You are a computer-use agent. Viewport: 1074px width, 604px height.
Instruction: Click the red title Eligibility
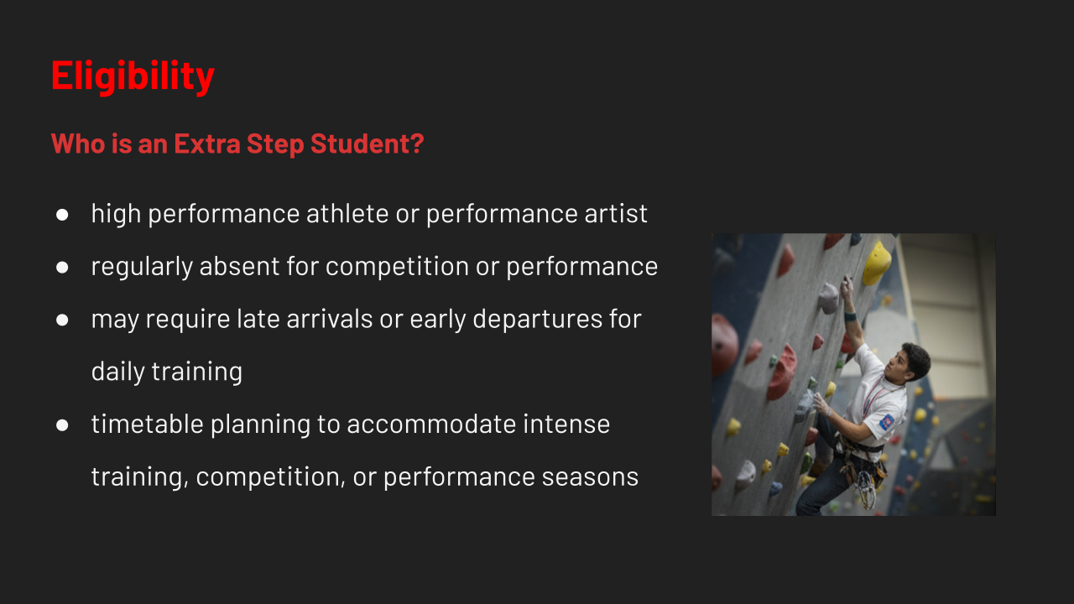pos(133,75)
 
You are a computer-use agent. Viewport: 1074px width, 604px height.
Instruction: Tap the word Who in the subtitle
pos(78,143)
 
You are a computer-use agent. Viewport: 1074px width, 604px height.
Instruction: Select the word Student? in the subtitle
pos(368,143)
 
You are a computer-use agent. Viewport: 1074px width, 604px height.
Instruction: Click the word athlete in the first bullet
pos(347,213)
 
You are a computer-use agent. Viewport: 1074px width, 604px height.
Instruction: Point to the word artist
pos(616,213)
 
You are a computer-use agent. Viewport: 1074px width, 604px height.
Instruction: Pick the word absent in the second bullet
pos(239,266)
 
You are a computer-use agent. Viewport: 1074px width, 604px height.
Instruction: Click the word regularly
pos(142,267)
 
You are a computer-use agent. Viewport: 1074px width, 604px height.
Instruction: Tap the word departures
pos(538,320)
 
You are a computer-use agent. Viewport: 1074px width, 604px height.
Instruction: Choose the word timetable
pos(147,424)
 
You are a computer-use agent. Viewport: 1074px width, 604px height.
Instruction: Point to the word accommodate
pos(431,424)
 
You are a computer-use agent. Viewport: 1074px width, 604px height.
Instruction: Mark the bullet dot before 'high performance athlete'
pos(62,214)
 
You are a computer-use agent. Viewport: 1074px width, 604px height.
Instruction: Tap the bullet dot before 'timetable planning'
pos(62,425)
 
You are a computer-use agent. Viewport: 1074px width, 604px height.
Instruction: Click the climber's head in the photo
pos(909,362)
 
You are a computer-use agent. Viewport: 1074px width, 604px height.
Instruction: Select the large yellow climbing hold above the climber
pos(877,263)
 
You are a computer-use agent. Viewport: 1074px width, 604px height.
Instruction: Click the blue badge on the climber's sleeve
pos(887,422)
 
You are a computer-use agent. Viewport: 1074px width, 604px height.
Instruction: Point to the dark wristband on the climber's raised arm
pos(851,316)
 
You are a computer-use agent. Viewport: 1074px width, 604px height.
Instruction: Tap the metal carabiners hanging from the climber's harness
pos(866,489)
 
